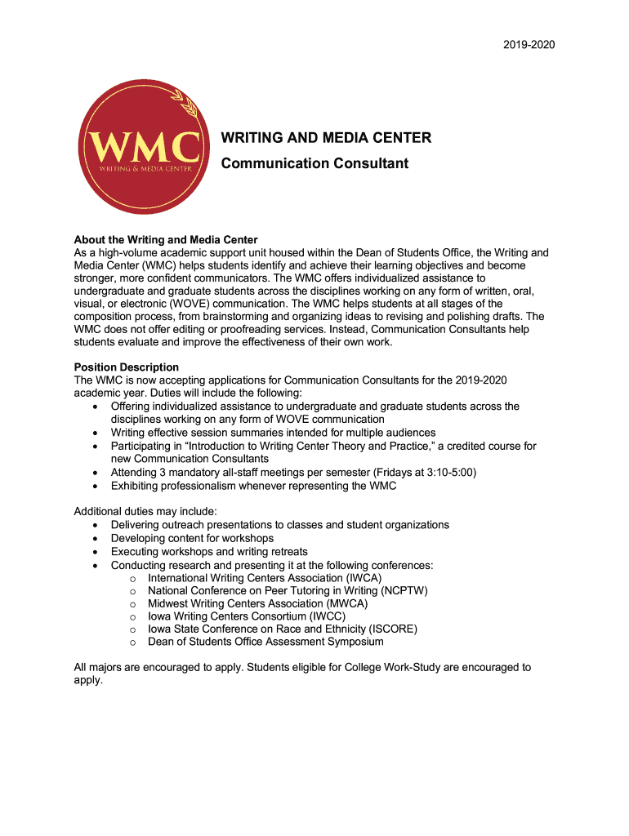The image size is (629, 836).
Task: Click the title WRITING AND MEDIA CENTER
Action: click(327, 138)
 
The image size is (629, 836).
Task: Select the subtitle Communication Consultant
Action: click(315, 163)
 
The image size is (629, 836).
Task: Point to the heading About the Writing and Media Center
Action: click(166, 240)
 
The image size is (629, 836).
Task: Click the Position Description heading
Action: click(127, 367)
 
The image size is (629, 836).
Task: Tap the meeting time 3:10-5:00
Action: click(448, 473)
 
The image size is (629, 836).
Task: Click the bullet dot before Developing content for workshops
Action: click(97, 539)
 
